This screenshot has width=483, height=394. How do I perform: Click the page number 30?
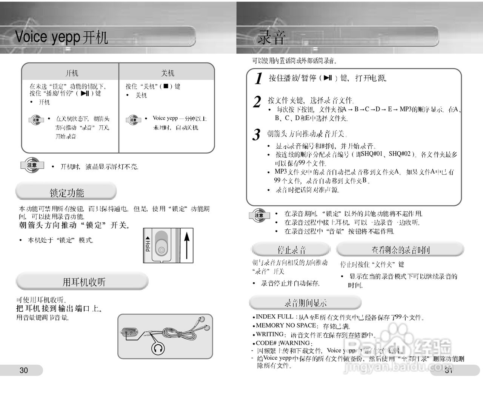tap(23, 370)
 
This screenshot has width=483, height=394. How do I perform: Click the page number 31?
tap(449, 370)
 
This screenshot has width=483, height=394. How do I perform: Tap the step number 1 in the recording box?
tap(258, 78)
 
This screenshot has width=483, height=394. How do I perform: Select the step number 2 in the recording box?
tap(257, 102)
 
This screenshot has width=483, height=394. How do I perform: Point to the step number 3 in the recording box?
tap(257, 134)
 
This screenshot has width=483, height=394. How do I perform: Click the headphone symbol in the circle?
tap(158, 348)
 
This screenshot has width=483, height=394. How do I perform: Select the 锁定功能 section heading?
tap(66, 192)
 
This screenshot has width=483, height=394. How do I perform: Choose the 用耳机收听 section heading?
tap(83, 282)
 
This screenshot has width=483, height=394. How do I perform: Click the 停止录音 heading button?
tap(291, 250)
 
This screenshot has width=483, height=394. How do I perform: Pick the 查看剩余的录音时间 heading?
tap(400, 250)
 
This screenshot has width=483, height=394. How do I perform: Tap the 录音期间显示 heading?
tap(305, 303)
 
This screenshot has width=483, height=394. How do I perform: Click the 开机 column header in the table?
tap(72, 73)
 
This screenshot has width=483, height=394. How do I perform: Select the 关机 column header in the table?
tap(168, 73)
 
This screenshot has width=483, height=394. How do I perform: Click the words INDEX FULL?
tap(275, 317)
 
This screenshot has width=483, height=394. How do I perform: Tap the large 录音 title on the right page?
tap(272, 38)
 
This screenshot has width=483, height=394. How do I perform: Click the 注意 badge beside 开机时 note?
tap(32, 165)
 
